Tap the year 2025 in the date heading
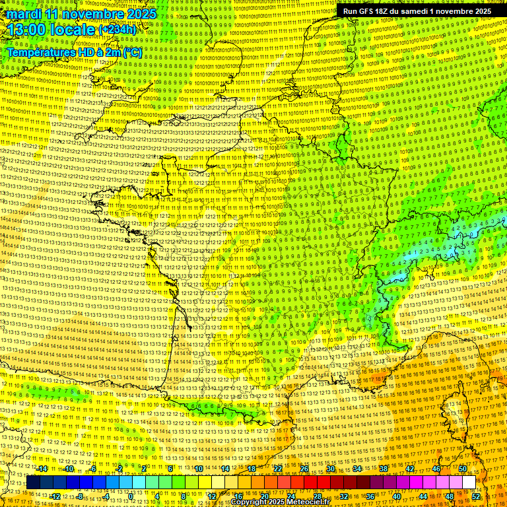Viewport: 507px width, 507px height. (141, 14)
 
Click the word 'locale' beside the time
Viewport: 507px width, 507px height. (76, 30)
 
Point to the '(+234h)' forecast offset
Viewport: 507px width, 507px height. (117, 30)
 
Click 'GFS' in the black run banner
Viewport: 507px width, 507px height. (367, 11)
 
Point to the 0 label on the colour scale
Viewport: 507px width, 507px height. (131, 496)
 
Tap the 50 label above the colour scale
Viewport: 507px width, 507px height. (463, 469)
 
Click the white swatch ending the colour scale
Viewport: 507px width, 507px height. (469, 483)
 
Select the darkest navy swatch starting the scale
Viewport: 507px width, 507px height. (33, 483)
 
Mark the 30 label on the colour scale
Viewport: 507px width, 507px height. (331, 469)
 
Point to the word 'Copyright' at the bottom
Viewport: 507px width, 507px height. (252, 502)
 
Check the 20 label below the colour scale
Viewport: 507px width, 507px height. (264, 496)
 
